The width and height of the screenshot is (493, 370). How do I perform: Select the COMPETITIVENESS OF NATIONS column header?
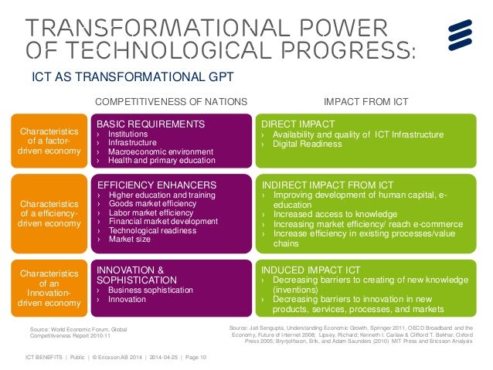170,101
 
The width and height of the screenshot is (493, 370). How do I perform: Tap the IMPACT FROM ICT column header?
365,101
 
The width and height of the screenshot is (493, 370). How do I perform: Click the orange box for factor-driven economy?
48,141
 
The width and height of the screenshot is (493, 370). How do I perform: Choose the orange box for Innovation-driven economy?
48,288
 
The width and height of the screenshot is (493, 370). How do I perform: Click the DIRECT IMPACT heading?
297,124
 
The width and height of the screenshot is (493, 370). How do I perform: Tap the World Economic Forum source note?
77,333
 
